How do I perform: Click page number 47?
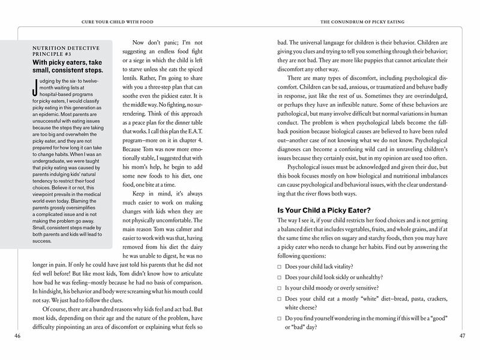point(463,335)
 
